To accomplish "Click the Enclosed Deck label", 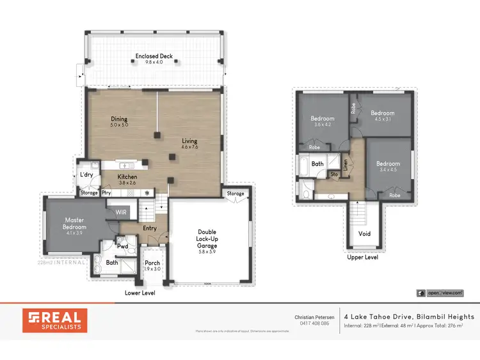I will point(155,56).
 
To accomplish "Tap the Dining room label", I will point(119,119).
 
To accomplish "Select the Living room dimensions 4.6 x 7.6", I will point(189,148).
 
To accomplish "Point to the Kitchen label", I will point(127,176).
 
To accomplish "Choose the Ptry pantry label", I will point(107,192).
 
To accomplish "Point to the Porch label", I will point(152,263).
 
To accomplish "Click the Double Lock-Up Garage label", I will point(211,240).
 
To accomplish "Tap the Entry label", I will point(149,228).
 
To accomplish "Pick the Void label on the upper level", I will point(364,233).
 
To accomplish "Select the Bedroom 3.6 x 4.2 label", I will point(323,118).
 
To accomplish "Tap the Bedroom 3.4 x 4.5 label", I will point(388,164).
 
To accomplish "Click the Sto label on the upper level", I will point(333,173).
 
